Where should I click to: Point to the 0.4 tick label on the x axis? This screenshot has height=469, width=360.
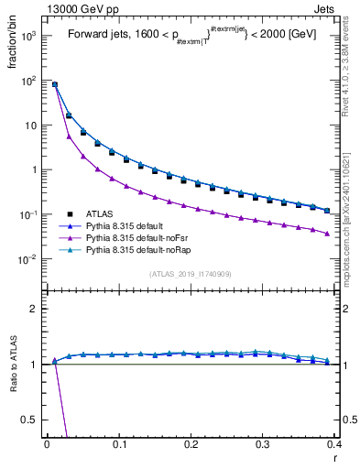coord(333,443)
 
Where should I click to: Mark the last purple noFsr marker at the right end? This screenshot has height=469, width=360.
coord(327,234)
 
